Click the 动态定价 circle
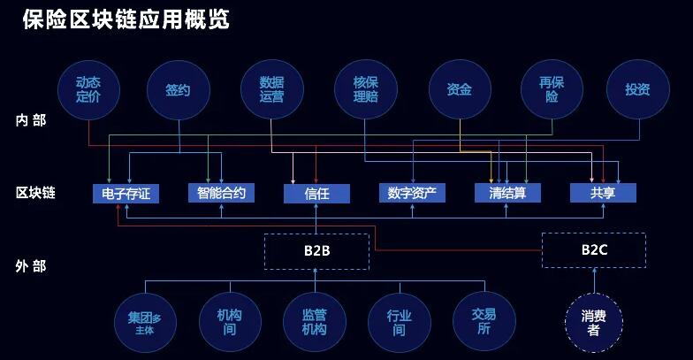[88, 89]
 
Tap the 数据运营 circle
[271, 89]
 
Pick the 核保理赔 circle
[365, 89]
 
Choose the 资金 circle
[459, 89]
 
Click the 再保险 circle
[552, 89]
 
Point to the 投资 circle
[637, 89]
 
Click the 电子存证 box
[126, 193]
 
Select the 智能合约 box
[221, 193]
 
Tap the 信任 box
[316, 193]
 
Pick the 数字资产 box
[411, 193]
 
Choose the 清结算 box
[506, 193]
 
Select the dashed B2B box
[316, 250]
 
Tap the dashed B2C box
[594, 249]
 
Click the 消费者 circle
[594, 322]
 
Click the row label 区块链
[35, 193]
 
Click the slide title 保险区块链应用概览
[126, 19]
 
